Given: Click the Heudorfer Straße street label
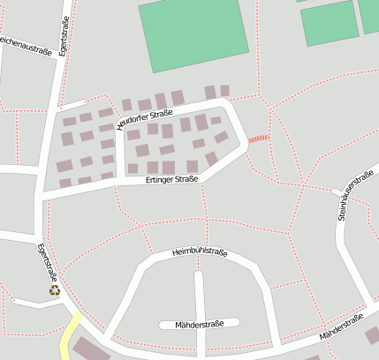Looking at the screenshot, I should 144,116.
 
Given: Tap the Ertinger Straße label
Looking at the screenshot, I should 171,179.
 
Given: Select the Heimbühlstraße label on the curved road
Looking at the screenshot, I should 200,251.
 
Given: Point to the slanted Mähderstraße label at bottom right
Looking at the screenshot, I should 342,330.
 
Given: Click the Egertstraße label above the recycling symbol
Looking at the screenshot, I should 50,261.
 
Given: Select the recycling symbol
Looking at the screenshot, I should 55,289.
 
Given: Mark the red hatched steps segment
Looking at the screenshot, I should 257,139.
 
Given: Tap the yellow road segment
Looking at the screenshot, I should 69,337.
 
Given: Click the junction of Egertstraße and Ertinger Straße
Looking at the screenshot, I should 41,194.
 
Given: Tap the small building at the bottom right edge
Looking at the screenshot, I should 372,335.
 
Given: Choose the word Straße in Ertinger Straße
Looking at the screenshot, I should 186,179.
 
